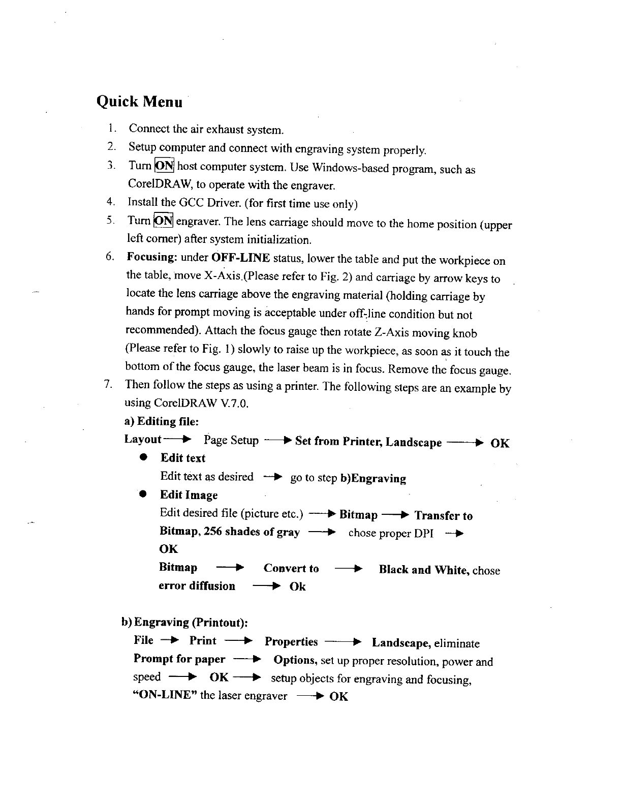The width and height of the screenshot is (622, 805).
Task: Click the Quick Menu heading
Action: tap(139, 102)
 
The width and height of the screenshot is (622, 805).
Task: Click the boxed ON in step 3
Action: tap(164, 166)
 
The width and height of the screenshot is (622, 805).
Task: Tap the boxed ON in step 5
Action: tap(164, 221)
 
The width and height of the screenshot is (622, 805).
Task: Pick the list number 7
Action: tap(107, 384)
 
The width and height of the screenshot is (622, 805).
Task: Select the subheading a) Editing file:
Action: tap(162, 421)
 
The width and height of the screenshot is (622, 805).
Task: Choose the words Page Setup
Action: tap(231, 440)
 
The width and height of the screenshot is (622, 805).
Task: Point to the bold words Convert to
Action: tap(291, 569)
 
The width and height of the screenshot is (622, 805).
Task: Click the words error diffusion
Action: tap(197, 586)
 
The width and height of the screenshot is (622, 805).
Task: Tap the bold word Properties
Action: tap(291, 642)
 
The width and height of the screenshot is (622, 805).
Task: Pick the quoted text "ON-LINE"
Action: tap(164, 696)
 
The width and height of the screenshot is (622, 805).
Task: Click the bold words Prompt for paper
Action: tap(179, 660)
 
